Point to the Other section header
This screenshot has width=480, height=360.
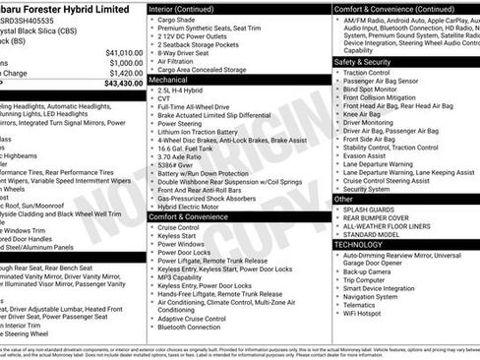(344, 199)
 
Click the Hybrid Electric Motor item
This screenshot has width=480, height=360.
(192, 207)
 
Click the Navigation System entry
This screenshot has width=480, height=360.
(371, 296)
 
